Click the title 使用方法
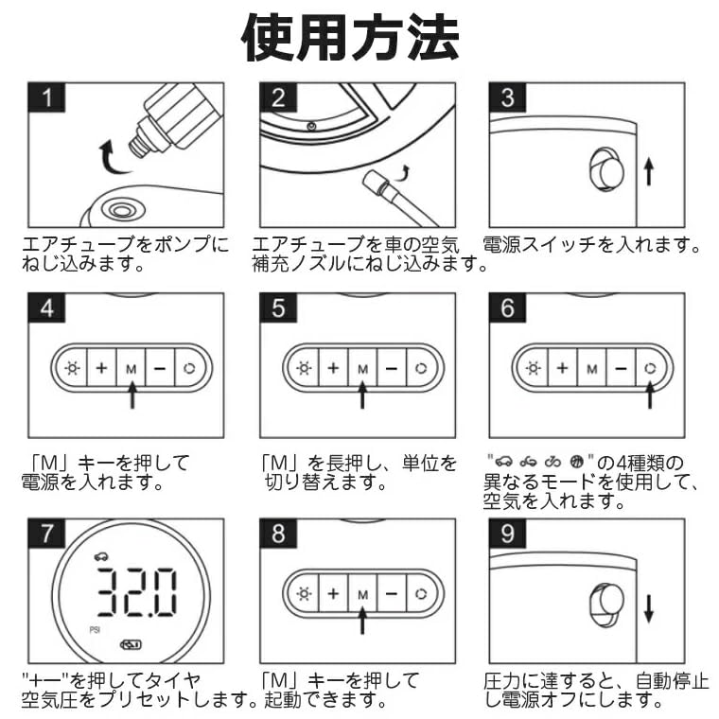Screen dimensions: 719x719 pyautogui.click(x=350, y=38)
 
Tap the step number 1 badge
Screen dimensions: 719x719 pyautogui.click(x=46, y=97)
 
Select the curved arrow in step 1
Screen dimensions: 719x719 pyautogui.click(x=112, y=158)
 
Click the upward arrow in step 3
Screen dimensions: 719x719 pyautogui.click(x=648, y=171)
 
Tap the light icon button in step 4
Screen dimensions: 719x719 pyautogui.click(x=72, y=368)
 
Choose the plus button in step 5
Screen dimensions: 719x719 pyautogui.click(x=333, y=368)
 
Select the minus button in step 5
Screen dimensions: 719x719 pyautogui.click(x=392, y=368)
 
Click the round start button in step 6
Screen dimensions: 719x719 pyautogui.click(x=650, y=368)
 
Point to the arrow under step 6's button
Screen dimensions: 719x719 pyautogui.click(x=650, y=395)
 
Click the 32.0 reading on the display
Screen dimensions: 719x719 pyautogui.click(x=135, y=592)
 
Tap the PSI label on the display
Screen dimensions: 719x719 pyautogui.click(x=95, y=630)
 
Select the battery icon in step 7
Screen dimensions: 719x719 pyautogui.click(x=131, y=644)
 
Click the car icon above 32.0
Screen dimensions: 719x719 pyautogui.click(x=101, y=556)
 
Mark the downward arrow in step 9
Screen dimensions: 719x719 pyautogui.click(x=648, y=609)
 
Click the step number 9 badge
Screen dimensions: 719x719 pyautogui.click(x=507, y=534)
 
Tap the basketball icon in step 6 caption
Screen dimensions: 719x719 pyautogui.click(x=576, y=461)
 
